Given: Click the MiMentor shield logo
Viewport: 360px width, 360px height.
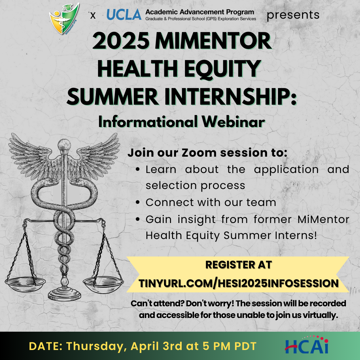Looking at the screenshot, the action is point(64,19).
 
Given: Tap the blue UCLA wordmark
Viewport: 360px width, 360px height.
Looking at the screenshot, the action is point(124,14).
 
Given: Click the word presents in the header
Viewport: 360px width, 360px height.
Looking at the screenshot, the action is point(293,15).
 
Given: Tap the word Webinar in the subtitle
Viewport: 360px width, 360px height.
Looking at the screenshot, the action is point(233,122).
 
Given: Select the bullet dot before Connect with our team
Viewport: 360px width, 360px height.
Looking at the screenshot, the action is point(138,203).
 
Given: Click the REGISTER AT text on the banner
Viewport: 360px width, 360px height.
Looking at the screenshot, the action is point(239,265).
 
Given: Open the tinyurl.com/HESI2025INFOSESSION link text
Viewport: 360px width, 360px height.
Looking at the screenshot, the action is point(239,283).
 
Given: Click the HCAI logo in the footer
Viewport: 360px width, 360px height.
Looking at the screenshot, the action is point(307,345).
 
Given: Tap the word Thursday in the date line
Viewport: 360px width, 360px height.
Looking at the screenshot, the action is point(95,346).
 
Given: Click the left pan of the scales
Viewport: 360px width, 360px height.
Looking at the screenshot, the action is point(25,284).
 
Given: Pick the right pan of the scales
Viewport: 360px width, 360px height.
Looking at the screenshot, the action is point(103,284).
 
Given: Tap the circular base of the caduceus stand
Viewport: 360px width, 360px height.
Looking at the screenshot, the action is point(65,295).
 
